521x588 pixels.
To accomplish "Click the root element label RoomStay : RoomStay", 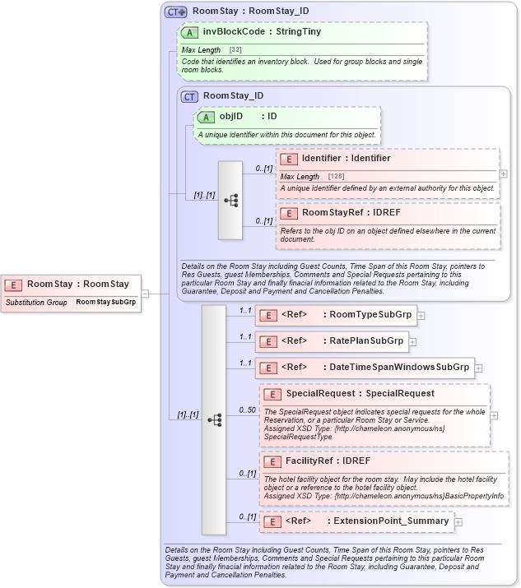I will click(77, 285).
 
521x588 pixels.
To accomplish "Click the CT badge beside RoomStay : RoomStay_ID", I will click(175, 12).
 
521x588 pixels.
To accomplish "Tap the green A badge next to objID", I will click(205, 117).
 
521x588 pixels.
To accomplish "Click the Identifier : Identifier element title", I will click(346, 158).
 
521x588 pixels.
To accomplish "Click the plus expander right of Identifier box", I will click(504, 174).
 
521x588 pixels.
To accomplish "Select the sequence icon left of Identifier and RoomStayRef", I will click(230, 200).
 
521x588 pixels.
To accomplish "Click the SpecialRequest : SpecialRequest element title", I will click(360, 393).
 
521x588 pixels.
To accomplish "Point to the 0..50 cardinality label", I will click(246, 410).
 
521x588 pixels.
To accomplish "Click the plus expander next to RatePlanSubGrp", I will click(413, 341).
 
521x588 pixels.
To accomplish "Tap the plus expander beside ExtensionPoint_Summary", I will click(458, 521).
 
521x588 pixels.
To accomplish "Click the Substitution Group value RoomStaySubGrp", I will click(105, 302).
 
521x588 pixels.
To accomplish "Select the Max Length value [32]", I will click(235, 50).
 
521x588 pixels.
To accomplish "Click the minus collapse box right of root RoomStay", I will click(145, 292).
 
